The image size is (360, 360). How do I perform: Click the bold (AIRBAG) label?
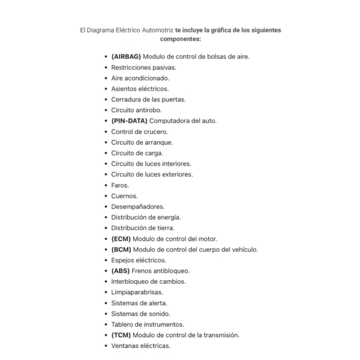[x=126, y=56]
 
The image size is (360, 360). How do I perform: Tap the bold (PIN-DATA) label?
[x=129, y=121]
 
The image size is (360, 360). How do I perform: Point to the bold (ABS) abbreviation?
[x=121, y=271]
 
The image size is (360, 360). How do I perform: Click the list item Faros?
[x=120, y=185]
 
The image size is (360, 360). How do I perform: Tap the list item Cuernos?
[x=124, y=196]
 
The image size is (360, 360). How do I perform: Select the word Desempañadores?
[x=137, y=206]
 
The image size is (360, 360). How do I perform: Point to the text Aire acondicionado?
[x=140, y=78]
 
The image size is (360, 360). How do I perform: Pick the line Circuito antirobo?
[x=136, y=110]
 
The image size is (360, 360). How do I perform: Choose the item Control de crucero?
[x=139, y=131]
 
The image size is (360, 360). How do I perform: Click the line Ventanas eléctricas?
[x=140, y=346]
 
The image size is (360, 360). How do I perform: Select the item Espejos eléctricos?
[x=139, y=260]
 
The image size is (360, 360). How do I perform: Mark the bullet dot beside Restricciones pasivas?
[x=106, y=67]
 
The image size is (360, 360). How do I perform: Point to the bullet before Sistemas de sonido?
[x=106, y=314]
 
